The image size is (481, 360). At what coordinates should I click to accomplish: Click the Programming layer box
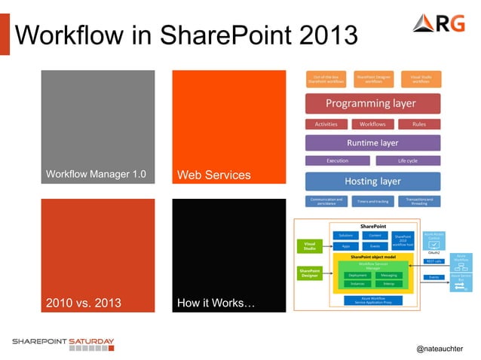point(372,103)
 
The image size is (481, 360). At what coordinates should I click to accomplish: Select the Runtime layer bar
point(372,142)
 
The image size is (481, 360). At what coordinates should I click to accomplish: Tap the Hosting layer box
point(372,182)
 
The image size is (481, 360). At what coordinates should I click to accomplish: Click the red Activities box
point(326,124)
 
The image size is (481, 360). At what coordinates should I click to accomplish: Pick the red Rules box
point(420,124)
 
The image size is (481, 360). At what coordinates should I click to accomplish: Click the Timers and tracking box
point(372,202)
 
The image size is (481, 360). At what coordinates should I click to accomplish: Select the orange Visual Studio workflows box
point(421,78)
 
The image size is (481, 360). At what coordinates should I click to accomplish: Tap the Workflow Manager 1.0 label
point(95,175)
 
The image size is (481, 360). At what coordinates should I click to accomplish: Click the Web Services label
point(213,175)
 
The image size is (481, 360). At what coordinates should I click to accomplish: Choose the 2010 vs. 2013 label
point(84,304)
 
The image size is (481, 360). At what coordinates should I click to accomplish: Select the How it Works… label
point(216,304)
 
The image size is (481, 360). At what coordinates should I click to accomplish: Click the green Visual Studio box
point(310,246)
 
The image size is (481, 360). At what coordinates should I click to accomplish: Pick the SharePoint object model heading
point(372,257)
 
